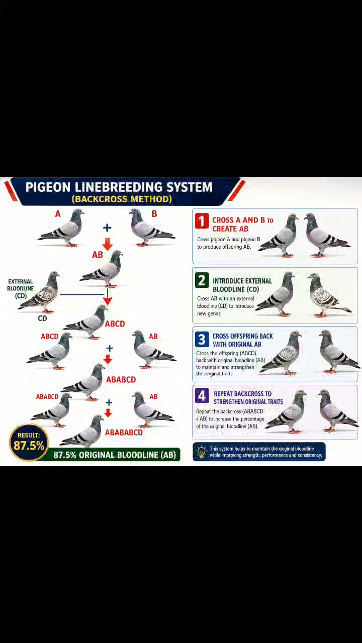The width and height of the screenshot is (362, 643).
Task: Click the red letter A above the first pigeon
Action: click(x=58, y=214)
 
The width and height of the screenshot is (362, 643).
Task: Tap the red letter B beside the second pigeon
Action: click(x=154, y=214)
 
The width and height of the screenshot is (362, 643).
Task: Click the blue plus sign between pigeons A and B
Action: click(x=107, y=228)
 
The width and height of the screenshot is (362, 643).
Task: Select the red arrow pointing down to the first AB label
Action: click(x=108, y=244)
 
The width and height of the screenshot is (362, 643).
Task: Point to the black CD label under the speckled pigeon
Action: click(x=42, y=318)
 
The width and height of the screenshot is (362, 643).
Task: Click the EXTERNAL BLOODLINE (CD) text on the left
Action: click(x=21, y=288)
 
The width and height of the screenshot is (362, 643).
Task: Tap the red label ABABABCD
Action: click(x=124, y=433)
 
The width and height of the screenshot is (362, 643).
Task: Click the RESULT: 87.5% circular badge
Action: click(x=29, y=443)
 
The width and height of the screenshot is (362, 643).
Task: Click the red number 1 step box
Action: click(x=202, y=221)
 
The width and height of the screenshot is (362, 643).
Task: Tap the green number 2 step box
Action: click(x=202, y=280)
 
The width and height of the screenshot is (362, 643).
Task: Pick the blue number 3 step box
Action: click(x=202, y=339)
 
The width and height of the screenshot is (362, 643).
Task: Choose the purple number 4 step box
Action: click(x=202, y=396)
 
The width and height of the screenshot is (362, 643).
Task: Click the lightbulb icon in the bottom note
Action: click(x=202, y=452)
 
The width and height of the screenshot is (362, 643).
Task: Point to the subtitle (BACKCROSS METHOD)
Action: click(x=122, y=199)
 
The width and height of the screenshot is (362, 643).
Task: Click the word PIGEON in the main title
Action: click(x=48, y=187)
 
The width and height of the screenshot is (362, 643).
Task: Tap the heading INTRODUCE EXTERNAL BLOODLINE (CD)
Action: click(x=242, y=285)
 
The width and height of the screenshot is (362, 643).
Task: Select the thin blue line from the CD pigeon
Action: click(x=82, y=294)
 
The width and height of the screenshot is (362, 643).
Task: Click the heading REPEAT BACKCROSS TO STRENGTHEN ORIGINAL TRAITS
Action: click(x=248, y=397)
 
